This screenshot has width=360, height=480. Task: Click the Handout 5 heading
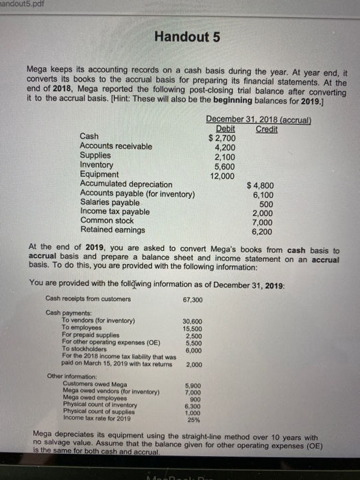pyautogui.click(x=187, y=37)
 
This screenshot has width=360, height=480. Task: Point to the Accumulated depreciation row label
pyautogui.click(x=126, y=184)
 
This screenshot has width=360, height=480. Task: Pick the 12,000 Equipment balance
pyautogui.click(x=224, y=175)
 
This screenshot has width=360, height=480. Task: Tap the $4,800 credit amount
pyautogui.click(x=263, y=184)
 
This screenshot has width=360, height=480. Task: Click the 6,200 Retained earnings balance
pyautogui.click(x=265, y=230)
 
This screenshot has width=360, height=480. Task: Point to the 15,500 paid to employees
pyautogui.click(x=192, y=329)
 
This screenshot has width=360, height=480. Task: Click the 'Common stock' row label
pyautogui.click(x=107, y=221)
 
